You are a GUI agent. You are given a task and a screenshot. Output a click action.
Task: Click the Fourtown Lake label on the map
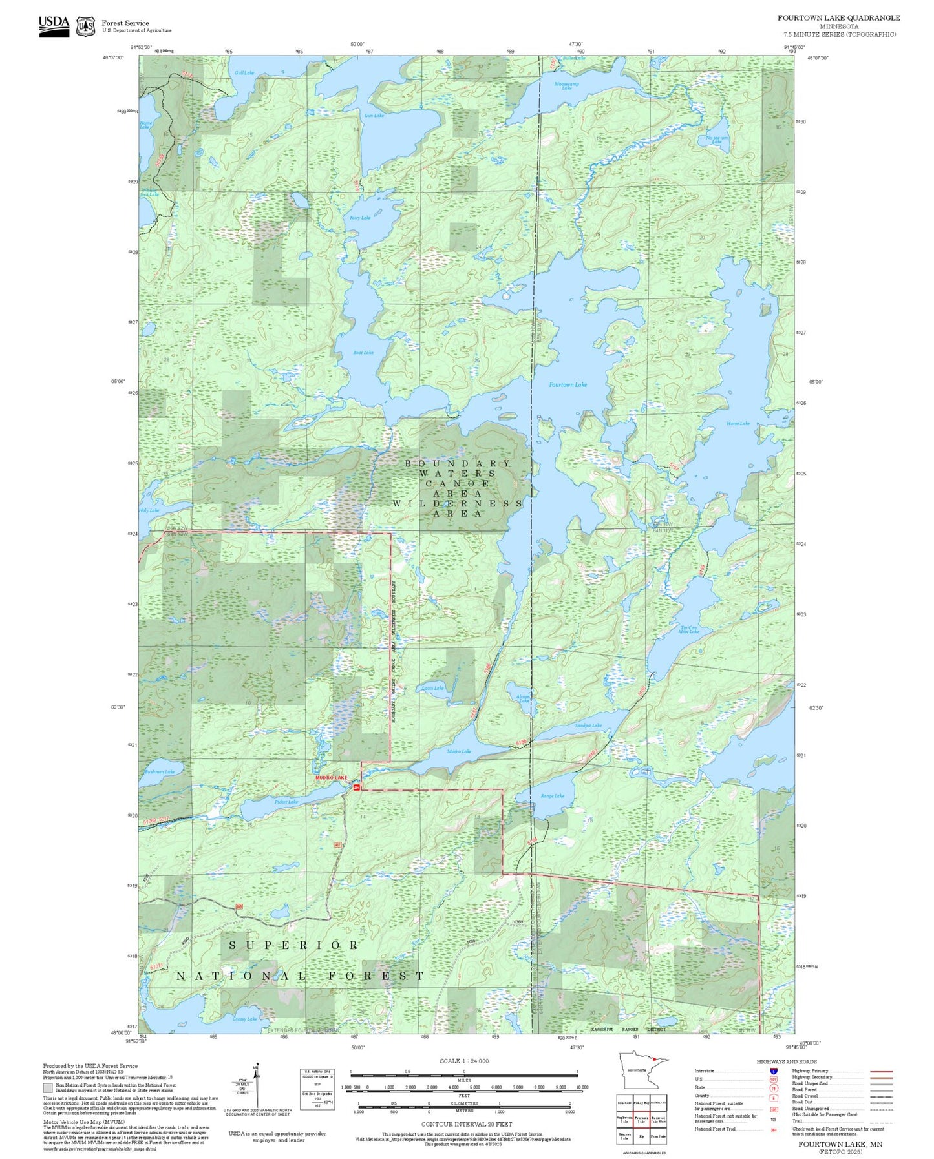point(568,384)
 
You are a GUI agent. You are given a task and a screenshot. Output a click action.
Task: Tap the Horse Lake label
point(738,423)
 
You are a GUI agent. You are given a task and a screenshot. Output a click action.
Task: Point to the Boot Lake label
point(363,353)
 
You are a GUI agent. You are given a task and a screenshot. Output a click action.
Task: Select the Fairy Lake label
point(360,218)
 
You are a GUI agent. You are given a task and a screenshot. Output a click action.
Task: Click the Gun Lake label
point(374,116)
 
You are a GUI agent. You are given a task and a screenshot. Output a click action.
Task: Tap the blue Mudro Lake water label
point(459,751)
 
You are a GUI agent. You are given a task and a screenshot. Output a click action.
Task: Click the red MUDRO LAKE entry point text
point(331,778)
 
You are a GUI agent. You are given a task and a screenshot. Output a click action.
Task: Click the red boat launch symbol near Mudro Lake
point(356,786)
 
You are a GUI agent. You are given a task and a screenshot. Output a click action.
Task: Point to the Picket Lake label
point(286,802)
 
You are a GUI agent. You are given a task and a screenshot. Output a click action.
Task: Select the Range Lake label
point(553,796)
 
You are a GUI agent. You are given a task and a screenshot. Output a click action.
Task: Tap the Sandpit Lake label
point(588,726)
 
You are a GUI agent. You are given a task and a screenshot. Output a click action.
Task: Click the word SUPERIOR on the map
point(293,945)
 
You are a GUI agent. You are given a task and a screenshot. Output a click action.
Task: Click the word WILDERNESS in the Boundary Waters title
point(458,503)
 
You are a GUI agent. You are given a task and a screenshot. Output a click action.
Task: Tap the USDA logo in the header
point(54,25)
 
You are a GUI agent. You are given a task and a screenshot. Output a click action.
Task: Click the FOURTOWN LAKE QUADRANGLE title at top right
point(838,18)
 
